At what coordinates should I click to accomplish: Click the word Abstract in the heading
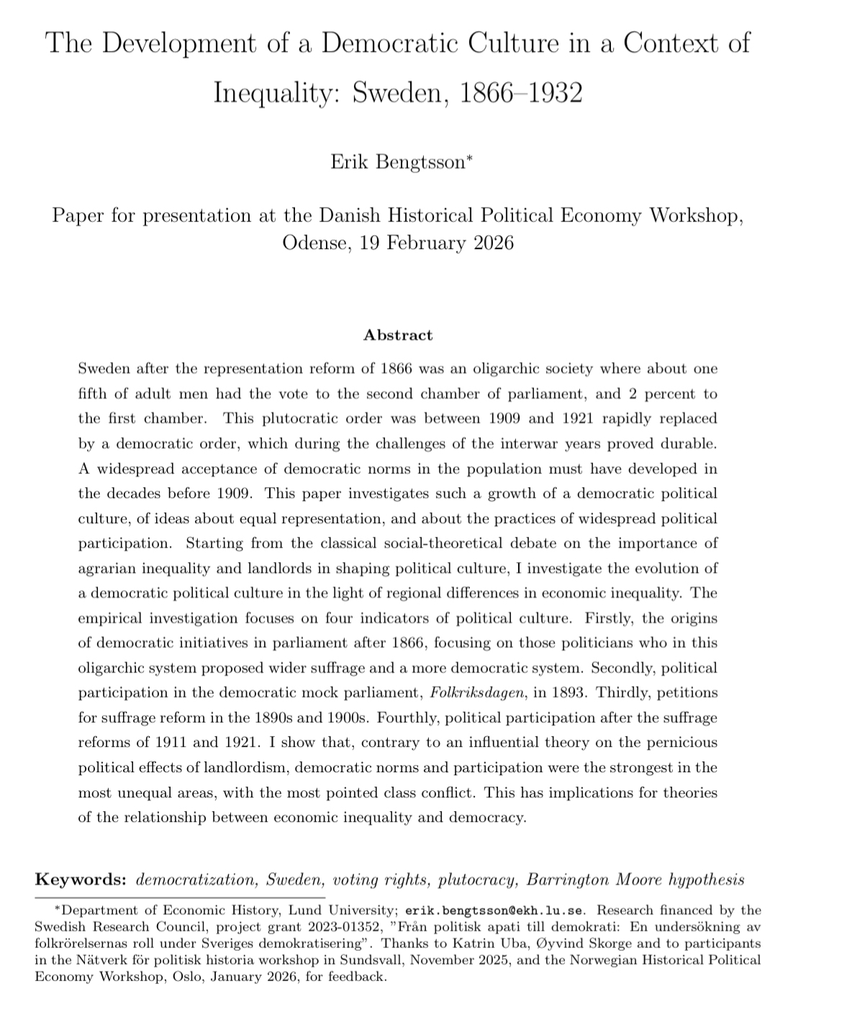tap(398, 335)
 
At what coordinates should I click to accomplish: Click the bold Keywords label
tap(81, 879)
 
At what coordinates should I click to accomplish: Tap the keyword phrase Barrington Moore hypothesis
tap(635, 879)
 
